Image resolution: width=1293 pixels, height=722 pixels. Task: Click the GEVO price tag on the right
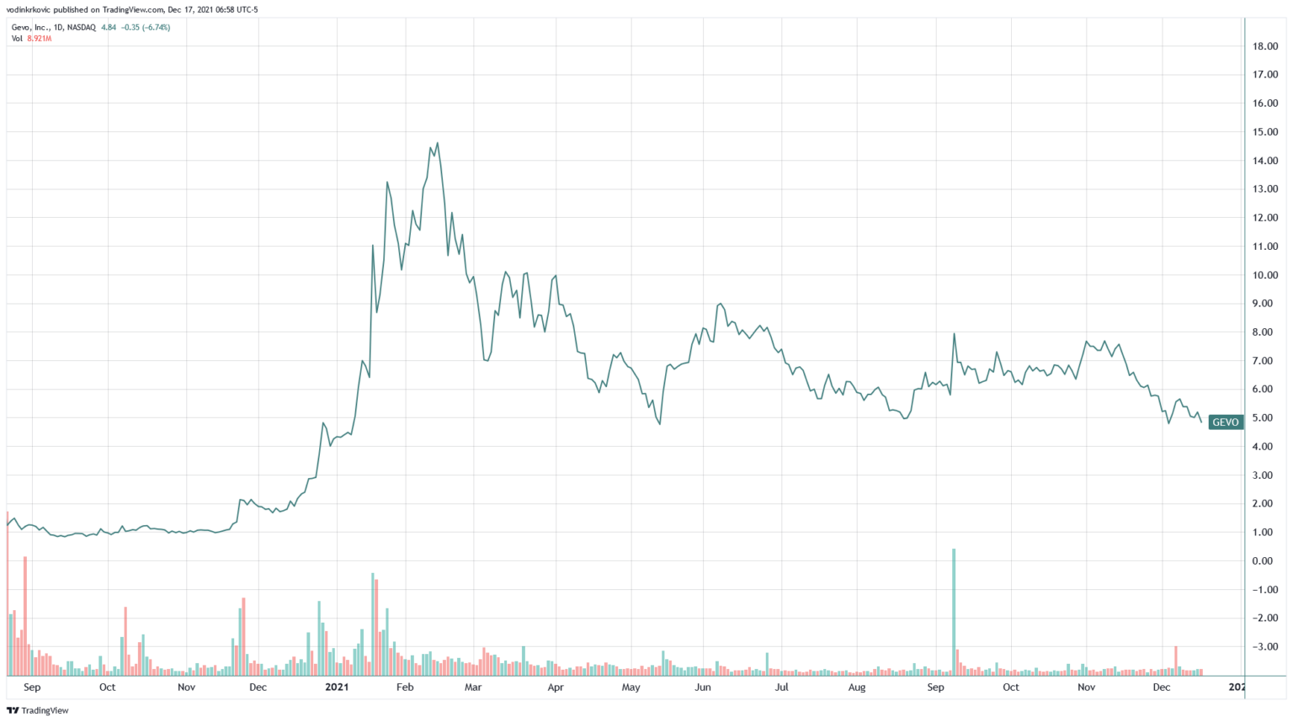pyautogui.click(x=1225, y=422)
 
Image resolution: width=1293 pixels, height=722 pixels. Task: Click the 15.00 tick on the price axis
pyautogui.click(x=1265, y=132)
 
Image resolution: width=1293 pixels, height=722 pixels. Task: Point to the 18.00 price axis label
pyautogui.click(x=1265, y=46)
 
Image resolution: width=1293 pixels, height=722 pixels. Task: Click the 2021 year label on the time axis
pyautogui.click(x=336, y=687)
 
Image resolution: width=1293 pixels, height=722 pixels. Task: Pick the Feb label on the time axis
pyautogui.click(x=405, y=687)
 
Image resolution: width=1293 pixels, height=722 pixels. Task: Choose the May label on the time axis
pyautogui.click(x=631, y=687)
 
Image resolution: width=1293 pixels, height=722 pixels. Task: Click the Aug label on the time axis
pyautogui.click(x=857, y=687)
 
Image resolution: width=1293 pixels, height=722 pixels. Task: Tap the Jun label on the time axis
pyautogui.click(x=703, y=687)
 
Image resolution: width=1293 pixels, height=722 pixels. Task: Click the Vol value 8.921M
pyautogui.click(x=40, y=39)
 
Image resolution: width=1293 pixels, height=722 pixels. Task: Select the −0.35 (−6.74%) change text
pyautogui.click(x=146, y=28)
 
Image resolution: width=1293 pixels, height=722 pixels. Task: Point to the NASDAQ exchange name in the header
pyautogui.click(x=81, y=28)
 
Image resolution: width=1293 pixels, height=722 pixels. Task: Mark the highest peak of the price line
pyautogui.click(x=438, y=143)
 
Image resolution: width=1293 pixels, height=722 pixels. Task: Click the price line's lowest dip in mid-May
pyautogui.click(x=660, y=423)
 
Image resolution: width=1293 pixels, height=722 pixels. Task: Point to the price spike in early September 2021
pyautogui.click(x=954, y=334)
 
